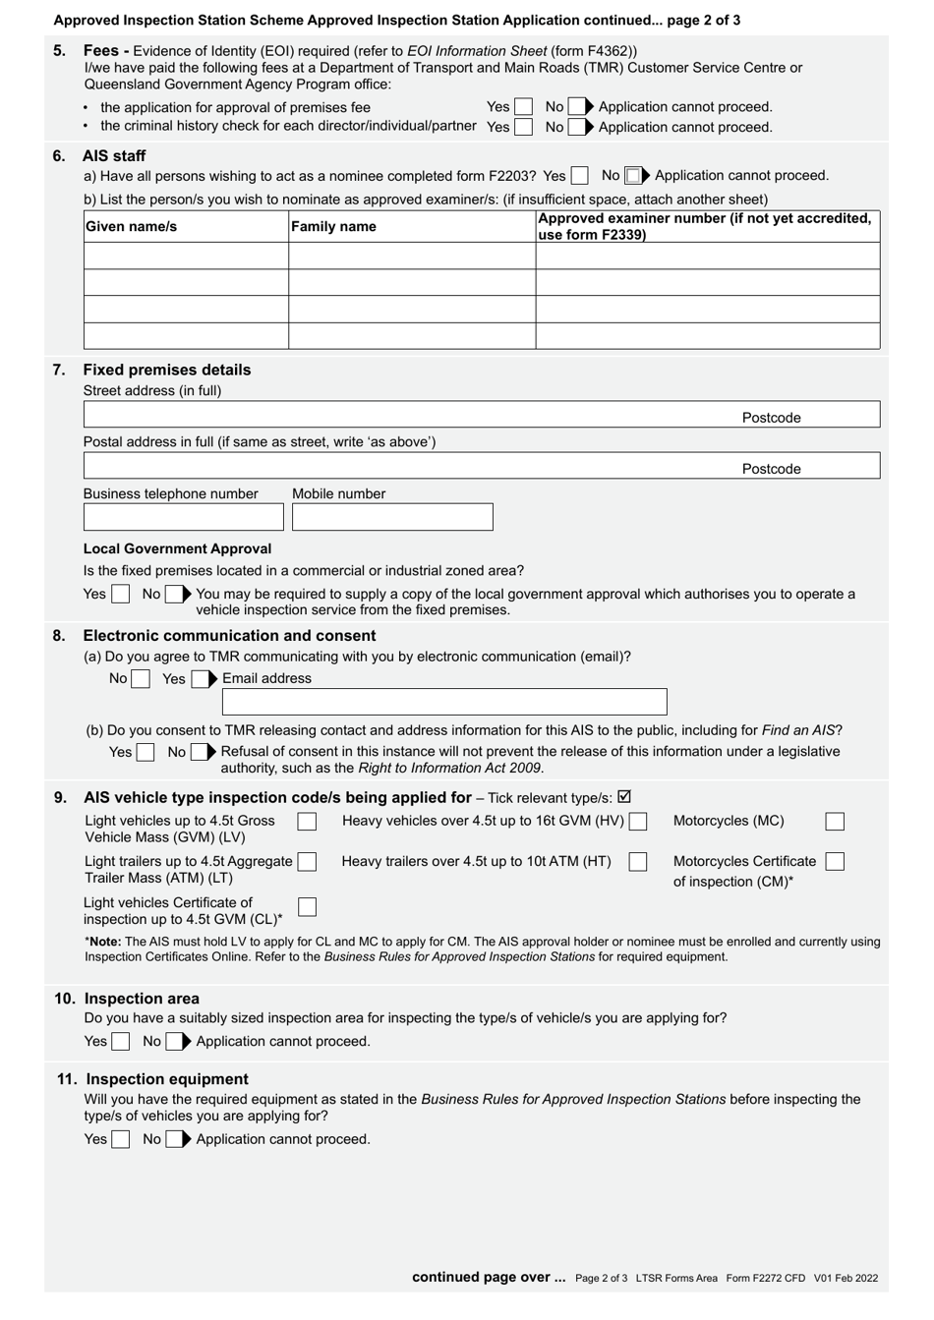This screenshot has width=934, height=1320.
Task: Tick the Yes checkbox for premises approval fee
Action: pyautogui.click(x=523, y=106)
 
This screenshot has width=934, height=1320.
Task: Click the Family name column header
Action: pyautogui.click(x=333, y=227)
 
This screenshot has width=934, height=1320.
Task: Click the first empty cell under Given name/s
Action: pyautogui.click(x=186, y=256)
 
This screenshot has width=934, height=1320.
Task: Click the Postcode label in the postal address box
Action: pyautogui.click(x=771, y=469)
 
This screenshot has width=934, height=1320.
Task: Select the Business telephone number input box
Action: pyautogui.click(x=183, y=517)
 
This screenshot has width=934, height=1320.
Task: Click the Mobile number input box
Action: pyautogui.click(x=392, y=517)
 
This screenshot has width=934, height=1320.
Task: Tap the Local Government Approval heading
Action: pyautogui.click(x=177, y=548)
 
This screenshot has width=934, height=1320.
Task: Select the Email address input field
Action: pyautogui.click(x=444, y=702)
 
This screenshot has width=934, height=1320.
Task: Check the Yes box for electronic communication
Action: pyautogui.click(x=200, y=679)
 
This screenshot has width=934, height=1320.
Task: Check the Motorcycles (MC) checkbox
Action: pyautogui.click(x=835, y=821)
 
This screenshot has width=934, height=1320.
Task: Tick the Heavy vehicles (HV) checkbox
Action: pyautogui.click(x=638, y=821)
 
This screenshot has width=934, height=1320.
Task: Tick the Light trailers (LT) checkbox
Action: pyautogui.click(x=307, y=862)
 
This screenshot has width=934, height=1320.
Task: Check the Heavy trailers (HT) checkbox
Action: pyautogui.click(x=638, y=862)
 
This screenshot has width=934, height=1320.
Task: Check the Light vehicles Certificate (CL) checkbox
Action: pyautogui.click(x=307, y=906)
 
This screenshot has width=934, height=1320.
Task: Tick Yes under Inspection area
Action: pyautogui.click(x=120, y=1041)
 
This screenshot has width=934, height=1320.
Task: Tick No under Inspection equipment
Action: pyautogui.click(x=174, y=1139)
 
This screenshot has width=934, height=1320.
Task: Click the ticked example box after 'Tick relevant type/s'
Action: pyautogui.click(x=624, y=797)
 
